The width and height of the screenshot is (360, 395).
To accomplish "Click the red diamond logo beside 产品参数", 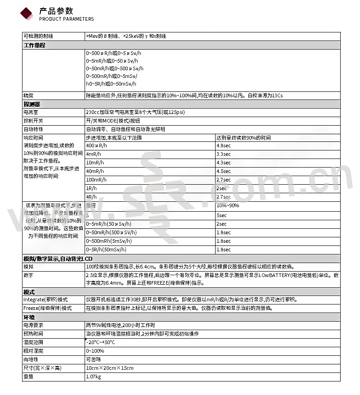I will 27,13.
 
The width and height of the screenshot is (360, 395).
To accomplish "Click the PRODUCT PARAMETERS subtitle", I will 67,19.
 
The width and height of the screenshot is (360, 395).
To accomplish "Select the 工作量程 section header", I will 34,45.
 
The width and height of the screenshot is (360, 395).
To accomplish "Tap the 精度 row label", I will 28,95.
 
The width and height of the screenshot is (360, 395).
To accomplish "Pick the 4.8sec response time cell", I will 224,146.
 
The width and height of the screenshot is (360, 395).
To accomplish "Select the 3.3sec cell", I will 224,154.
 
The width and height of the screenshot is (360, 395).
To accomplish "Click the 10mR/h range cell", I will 95,163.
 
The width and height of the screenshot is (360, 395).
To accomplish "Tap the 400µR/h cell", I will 97,146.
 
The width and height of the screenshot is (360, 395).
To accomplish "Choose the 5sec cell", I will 222,216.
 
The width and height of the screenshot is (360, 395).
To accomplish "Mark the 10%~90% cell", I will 228,205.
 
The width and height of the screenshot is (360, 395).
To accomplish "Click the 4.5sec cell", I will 224,171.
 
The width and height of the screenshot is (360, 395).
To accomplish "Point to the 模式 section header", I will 29,292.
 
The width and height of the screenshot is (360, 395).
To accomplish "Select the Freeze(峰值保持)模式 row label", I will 48,309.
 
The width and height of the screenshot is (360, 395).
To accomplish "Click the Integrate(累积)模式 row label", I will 45,300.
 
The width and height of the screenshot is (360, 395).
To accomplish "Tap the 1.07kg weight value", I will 94,377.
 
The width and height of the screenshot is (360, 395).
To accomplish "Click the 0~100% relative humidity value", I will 95,351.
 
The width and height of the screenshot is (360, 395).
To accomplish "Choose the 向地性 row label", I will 31,359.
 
